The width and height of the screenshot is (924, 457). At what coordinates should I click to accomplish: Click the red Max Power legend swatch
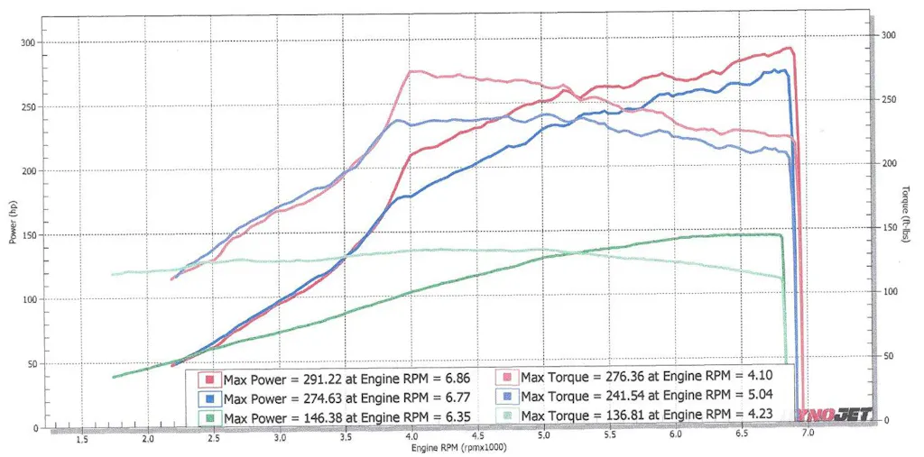tap(210, 379)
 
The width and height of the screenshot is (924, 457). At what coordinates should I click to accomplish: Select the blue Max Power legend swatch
tap(210, 397)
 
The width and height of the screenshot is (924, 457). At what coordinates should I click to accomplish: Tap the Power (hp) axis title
tap(13, 221)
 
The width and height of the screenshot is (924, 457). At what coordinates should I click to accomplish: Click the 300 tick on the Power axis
tap(29, 42)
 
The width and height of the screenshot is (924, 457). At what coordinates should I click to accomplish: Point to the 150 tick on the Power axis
tap(29, 235)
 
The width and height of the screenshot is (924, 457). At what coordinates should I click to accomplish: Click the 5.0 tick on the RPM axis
tap(543, 435)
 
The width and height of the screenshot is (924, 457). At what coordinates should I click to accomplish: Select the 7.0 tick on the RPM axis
tap(807, 434)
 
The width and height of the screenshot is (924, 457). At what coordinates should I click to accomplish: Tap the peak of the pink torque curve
tap(411, 72)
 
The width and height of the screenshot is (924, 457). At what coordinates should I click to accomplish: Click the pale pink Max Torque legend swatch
tap(508, 379)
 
